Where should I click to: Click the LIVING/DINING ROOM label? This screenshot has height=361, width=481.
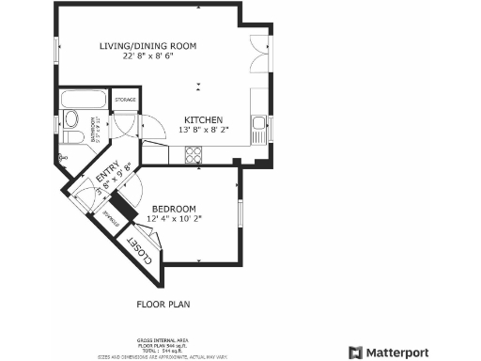coord(148,45)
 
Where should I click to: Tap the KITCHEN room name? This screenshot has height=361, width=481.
coord(202,120)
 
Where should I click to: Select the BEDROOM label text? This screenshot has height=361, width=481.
coord(173,209)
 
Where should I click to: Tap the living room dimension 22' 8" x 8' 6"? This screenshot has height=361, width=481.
coord(148,56)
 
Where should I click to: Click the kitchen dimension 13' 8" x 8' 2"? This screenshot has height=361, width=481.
coord(202,132)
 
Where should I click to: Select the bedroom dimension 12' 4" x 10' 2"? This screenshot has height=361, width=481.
coord(174,219)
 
